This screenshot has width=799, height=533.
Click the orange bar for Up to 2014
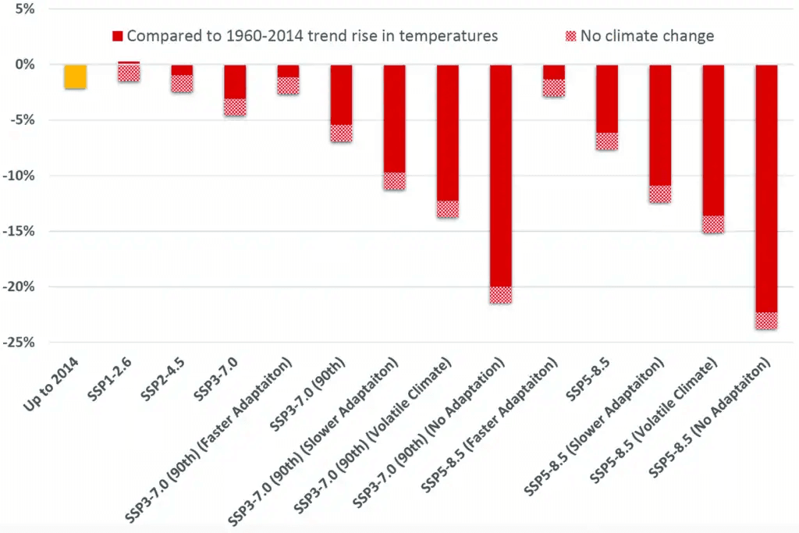pyautogui.click(x=76, y=76)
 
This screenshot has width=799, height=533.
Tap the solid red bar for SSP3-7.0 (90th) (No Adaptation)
pyautogui.click(x=500, y=176)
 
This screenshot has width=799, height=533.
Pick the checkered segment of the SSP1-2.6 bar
pyautogui.click(x=129, y=73)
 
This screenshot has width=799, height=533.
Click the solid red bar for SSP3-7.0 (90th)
pyautogui.click(x=341, y=94)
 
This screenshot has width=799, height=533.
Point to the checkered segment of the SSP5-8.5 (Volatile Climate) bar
pyautogui.click(x=713, y=224)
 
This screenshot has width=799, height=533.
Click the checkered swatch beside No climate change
pyautogui.click(x=570, y=36)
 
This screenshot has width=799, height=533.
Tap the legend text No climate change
pyautogui.click(x=647, y=36)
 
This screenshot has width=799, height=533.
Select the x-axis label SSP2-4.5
pyautogui.click(x=168, y=383)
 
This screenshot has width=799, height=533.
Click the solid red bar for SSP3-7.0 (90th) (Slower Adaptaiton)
pyautogui.click(x=394, y=118)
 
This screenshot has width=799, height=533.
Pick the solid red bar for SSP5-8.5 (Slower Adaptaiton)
pyautogui.click(x=660, y=125)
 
